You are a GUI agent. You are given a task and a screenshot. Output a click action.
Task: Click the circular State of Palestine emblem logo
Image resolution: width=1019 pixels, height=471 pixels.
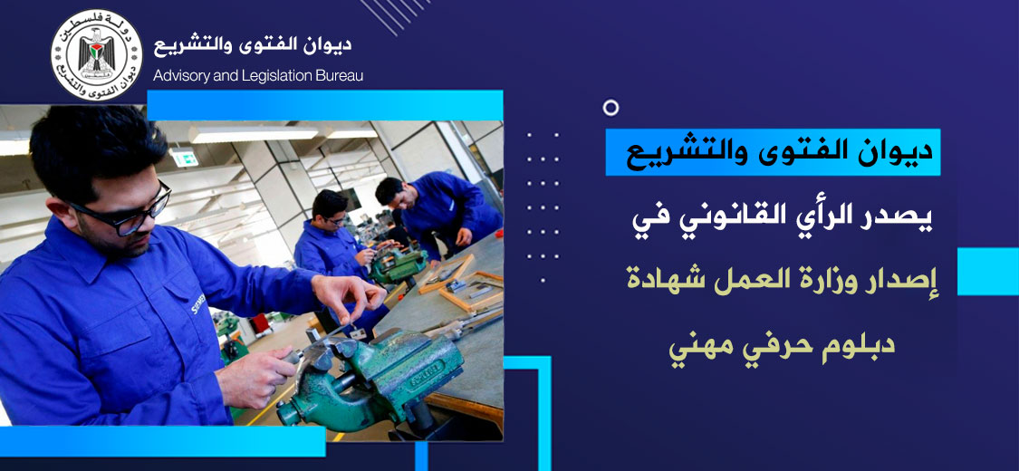[96, 54]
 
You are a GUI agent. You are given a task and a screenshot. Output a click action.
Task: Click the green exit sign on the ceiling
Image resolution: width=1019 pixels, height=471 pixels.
[185, 158]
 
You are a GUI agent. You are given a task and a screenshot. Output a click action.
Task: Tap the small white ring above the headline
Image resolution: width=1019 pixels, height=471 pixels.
[610, 108]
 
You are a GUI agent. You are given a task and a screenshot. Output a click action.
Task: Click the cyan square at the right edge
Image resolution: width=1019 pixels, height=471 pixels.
[988, 272]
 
